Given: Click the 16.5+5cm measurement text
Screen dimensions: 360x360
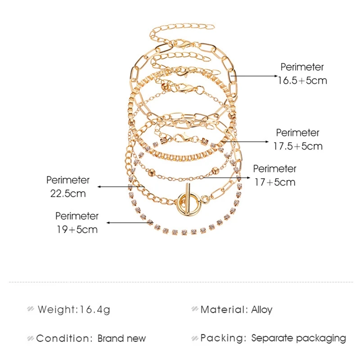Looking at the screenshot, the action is tap(302, 81).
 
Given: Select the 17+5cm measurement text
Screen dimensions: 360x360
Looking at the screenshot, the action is tap(274, 182).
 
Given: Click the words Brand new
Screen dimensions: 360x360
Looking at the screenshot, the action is tap(122, 338).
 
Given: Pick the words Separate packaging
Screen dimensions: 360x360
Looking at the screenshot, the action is tap(298, 338).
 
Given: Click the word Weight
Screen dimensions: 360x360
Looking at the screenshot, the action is tap(57, 310).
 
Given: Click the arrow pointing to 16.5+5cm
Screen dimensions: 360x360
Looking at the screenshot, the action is tap(255, 76).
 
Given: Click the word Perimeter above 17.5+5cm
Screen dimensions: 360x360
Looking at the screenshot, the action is tap(297, 133).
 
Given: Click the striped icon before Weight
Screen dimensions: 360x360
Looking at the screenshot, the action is tap(31, 310).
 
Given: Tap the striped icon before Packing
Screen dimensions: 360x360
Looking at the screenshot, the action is tap(194, 338).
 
